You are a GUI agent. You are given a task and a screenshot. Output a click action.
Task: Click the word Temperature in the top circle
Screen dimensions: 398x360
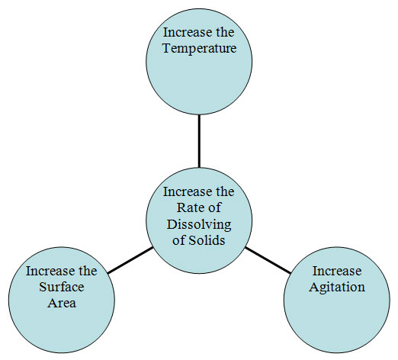(x=200, y=48)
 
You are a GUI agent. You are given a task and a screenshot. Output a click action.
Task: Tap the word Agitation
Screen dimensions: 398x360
(x=337, y=288)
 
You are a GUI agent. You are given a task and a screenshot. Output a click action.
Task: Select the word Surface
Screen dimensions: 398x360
(x=62, y=287)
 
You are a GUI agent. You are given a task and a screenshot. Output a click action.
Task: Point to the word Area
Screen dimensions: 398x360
(x=62, y=303)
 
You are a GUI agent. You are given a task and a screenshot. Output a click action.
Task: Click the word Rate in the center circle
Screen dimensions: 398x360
(x=188, y=207)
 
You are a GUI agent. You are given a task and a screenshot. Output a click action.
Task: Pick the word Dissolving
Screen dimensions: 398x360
(x=199, y=224)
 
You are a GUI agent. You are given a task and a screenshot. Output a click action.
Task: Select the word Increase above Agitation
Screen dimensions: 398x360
(x=337, y=271)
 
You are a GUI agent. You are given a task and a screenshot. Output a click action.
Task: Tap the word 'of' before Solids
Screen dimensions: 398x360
(x=179, y=239)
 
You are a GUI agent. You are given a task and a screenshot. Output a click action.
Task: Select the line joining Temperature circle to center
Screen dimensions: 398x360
(x=199, y=141)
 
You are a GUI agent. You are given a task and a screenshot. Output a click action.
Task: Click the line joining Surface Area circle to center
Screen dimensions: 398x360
(x=130, y=260)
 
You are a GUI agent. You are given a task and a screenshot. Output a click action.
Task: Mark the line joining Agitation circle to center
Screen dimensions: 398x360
(x=268, y=260)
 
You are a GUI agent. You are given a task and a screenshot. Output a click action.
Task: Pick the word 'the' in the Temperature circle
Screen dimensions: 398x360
(x=222, y=32)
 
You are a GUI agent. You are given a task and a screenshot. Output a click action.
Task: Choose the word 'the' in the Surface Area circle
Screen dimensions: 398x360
(x=85, y=271)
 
